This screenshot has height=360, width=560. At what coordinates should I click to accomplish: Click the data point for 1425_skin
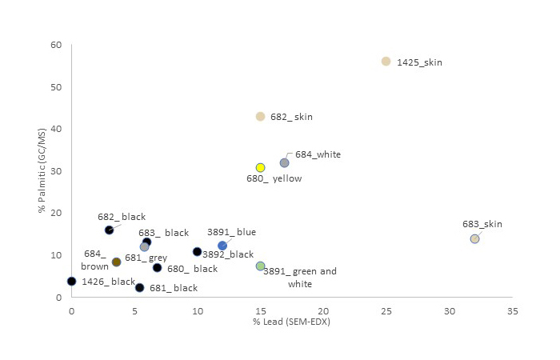pos(386,62)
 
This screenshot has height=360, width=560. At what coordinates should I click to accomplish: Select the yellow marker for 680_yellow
pos(260,168)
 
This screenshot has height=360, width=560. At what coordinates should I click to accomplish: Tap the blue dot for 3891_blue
pos(222,246)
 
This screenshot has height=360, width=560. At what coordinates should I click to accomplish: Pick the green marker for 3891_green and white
pos(260,266)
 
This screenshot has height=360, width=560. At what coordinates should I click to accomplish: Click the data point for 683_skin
pos(474,239)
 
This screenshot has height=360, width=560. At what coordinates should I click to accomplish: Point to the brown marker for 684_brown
pos(116,262)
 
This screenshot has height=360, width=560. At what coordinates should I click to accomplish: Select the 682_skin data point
pos(260,117)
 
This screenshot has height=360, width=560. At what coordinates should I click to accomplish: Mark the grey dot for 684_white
pos(284,163)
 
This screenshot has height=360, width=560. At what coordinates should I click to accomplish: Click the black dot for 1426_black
pos(72,282)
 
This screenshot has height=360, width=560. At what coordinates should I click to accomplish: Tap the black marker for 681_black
pos(139,288)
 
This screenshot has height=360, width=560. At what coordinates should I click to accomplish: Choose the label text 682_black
pos(122,217)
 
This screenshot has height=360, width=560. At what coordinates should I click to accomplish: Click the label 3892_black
pos(227,254)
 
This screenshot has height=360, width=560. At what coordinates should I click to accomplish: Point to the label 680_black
pos(192,269)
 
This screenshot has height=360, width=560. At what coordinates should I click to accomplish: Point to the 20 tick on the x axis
pos(323,310)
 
